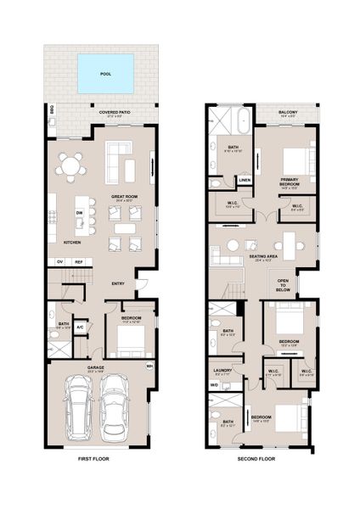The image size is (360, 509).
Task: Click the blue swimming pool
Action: [105, 74]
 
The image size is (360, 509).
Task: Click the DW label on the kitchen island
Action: [79, 213]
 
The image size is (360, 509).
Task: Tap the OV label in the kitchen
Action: [60, 262]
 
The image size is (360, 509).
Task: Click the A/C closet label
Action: [80, 327]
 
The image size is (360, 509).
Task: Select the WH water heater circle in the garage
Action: [149, 366]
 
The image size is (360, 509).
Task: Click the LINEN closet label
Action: [245, 180]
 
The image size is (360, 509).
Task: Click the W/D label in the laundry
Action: [214, 386]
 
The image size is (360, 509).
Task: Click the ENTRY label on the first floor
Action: [118, 284]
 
